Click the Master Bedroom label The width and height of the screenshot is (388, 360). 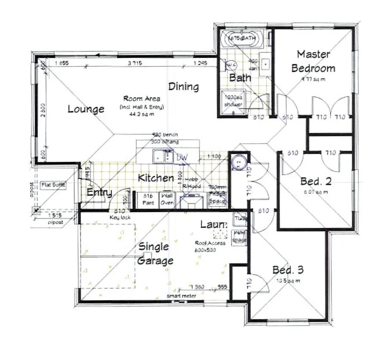tap(313, 61)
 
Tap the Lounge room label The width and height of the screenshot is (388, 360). tap(86, 109)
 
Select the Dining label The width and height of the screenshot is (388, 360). tap(184, 86)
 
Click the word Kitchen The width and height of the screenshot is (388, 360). tap(156, 178)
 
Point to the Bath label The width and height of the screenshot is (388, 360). tap(240, 78)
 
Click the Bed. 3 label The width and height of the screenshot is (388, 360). tap(288, 270)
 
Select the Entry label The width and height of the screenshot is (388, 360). tap(99, 193)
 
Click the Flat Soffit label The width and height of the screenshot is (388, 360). tap(53, 185)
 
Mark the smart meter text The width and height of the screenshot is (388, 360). tap(181, 296)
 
